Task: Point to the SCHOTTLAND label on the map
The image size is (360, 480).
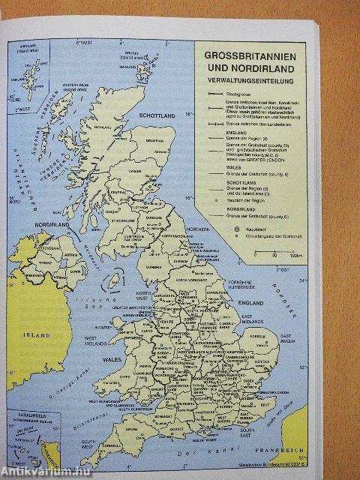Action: click(157, 116)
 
